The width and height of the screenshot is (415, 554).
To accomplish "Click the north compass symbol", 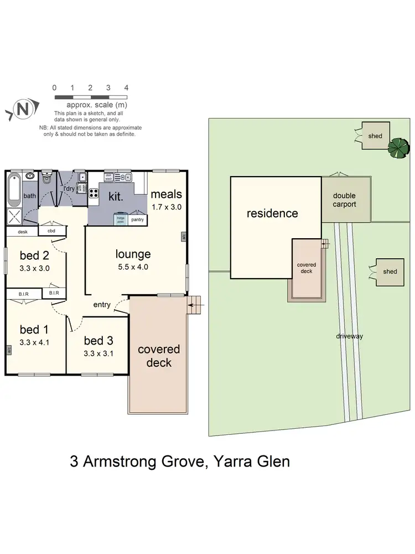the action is click(x=22, y=109).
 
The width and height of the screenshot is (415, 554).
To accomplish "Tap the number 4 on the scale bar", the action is click(x=126, y=88).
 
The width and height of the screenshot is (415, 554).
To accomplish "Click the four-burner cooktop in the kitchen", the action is click(x=94, y=194).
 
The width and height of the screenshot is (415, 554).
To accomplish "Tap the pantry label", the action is click(x=138, y=219).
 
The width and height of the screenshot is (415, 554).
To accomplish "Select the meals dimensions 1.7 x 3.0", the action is click(x=167, y=207).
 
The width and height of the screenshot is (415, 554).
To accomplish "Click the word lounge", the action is click(x=133, y=254).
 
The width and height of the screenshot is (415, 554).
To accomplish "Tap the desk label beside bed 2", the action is click(x=23, y=232).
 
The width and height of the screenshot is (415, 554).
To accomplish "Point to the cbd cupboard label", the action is click(x=51, y=231).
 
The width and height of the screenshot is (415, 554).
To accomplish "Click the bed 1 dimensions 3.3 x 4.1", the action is click(x=34, y=342).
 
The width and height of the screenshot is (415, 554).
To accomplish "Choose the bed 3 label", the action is click(x=98, y=340).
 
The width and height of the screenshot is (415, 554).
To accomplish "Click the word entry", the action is click(x=102, y=304).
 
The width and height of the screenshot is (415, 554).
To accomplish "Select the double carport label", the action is click(x=344, y=200).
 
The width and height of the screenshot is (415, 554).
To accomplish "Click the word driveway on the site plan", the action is click(x=349, y=336).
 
